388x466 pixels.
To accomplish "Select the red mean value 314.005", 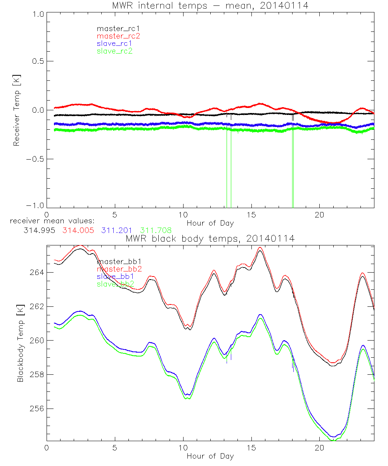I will point(78,230).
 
